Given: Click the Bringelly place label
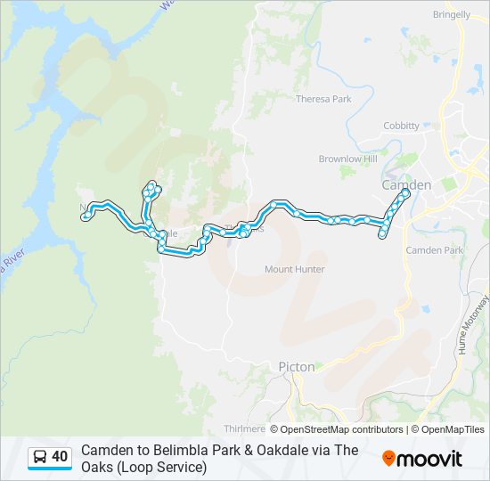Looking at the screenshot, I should tap(451, 15).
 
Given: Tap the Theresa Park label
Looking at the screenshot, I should tap(323, 99).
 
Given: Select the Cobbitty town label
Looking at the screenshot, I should tap(401, 126).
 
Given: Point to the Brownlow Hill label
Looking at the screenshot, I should tap(348, 159).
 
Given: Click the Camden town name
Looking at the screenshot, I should tap(405, 184).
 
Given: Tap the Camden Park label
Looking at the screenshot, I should tap(435, 250).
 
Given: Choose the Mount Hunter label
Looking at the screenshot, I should tap(295, 269).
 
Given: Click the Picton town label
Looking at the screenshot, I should tap(296, 366).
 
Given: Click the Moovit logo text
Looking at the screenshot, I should tap(429, 459).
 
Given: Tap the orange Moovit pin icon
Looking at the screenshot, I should tap(388, 459).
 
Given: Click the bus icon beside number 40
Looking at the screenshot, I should tap(40, 457).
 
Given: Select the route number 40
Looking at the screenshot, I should tap(60, 457).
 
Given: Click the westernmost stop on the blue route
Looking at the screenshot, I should tap(86, 216).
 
